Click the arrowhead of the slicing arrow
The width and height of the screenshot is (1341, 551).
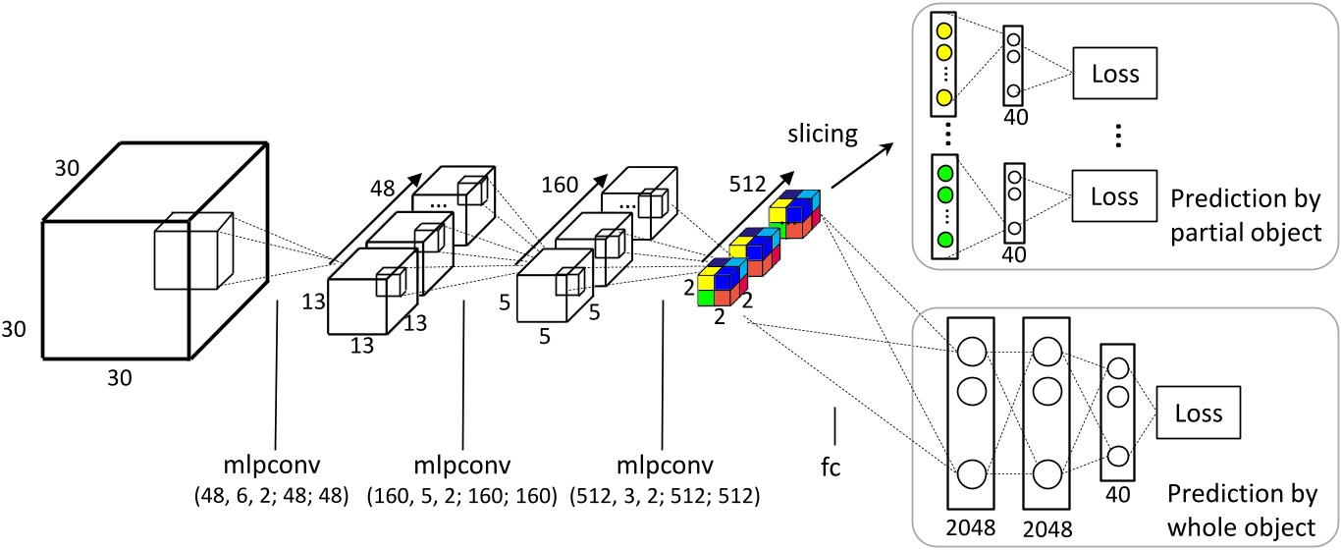tap(887, 147)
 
